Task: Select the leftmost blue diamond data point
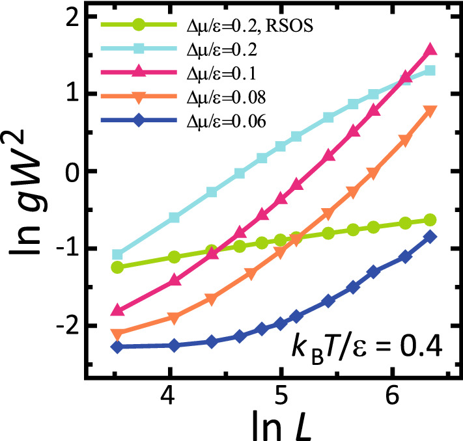point(117,347)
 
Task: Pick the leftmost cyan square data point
point(117,254)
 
